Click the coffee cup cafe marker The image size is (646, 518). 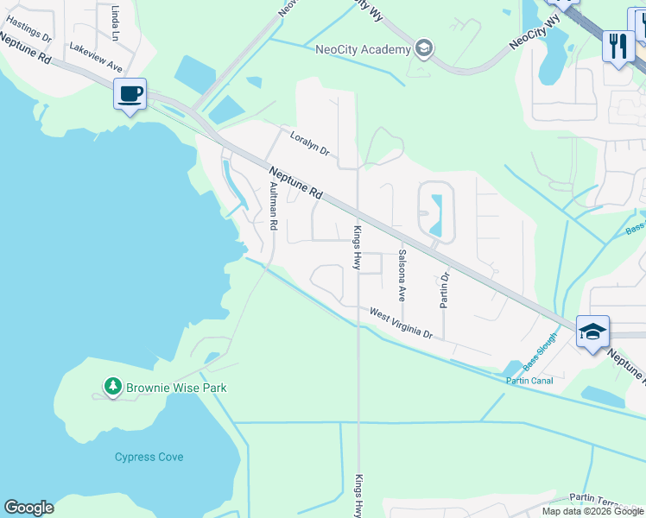click(x=130, y=94)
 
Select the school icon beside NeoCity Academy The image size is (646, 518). click(x=423, y=47)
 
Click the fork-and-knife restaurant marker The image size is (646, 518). click(x=617, y=46)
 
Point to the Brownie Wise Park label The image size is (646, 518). click(x=176, y=388)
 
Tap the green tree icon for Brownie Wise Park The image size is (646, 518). click(x=111, y=387)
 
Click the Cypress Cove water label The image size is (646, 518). click(x=149, y=457)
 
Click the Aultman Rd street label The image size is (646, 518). click(x=273, y=205)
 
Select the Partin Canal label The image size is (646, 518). click(x=529, y=381)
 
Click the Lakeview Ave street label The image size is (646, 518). click(x=96, y=58)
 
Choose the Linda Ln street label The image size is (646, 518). click(x=115, y=23)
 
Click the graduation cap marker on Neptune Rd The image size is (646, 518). click(x=593, y=332)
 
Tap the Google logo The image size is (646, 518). click(x=28, y=508)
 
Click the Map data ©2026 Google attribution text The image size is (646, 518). click(x=593, y=511)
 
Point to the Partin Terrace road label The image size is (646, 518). click(x=605, y=499)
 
